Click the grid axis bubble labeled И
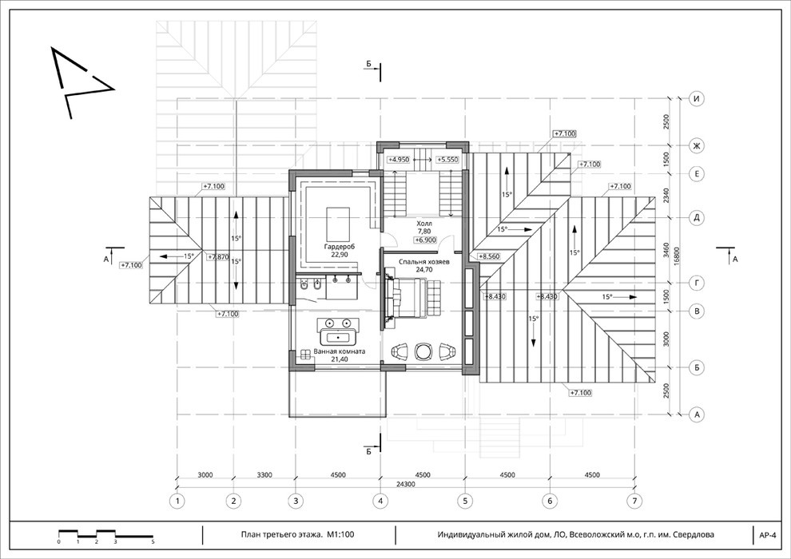[697, 99]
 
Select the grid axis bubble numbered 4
[380, 501]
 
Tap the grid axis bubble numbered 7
[634, 501]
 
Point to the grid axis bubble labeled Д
[697, 218]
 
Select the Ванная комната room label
[340, 351]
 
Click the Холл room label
[424, 224]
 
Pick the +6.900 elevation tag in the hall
[426, 240]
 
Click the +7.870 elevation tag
[218, 256]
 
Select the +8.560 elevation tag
[489, 256]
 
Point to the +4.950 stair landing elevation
[399, 159]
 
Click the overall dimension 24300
[406, 483]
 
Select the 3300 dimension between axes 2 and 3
[264, 475]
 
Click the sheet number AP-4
[767, 535]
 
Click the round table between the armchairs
[423, 351]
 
